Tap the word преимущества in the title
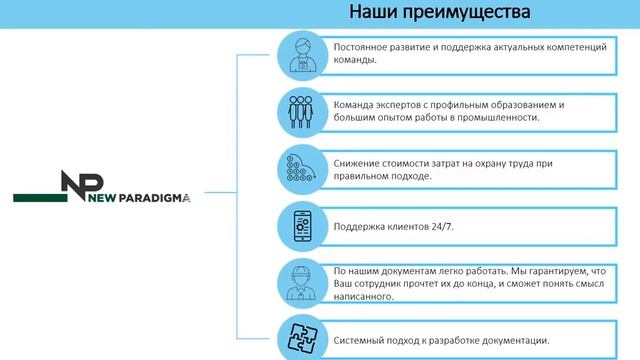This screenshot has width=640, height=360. (468, 13)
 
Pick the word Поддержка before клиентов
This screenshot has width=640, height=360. (359, 227)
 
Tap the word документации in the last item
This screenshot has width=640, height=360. (511, 337)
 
